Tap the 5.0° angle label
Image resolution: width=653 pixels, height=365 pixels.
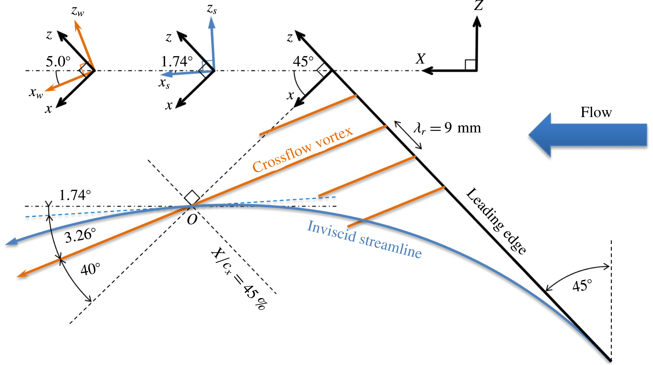click(x=58, y=61)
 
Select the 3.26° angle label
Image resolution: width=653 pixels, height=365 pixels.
click(x=80, y=235)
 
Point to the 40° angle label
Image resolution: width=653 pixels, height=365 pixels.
click(x=90, y=269)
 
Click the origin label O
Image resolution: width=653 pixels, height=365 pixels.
click(x=192, y=220)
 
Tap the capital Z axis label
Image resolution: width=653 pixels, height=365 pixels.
click(x=479, y=6)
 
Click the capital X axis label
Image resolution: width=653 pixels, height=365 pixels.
click(x=421, y=59)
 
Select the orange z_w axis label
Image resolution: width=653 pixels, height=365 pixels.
click(x=77, y=11)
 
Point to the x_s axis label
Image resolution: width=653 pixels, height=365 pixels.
click(x=164, y=83)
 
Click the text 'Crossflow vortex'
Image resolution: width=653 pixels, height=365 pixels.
click(x=303, y=150)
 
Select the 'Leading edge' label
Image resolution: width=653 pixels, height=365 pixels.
click(x=496, y=221)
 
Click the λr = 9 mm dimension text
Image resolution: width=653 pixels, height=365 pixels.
click(x=447, y=128)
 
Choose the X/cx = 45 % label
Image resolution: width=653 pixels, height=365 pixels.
click(x=239, y=278)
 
